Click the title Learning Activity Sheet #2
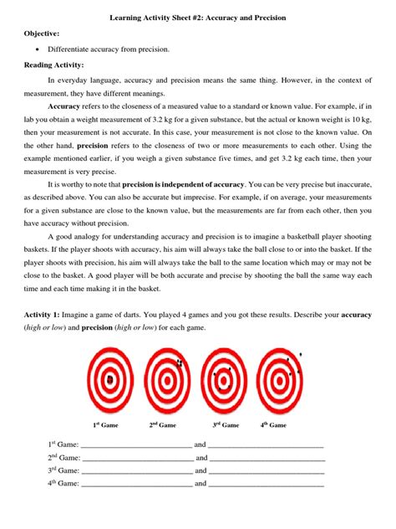click(198, 17)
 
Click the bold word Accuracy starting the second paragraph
click(64, 108)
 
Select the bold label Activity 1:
click(44, 312)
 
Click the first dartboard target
click(109, 380)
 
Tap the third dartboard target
click(226, 380)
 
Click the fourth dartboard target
click(281, 380)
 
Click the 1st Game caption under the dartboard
click(104, 425)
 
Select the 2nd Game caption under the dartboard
click(163, 425)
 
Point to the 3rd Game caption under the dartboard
click(226, 425)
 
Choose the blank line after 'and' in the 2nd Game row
click(267, 459)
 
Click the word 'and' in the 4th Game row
click(201, 483)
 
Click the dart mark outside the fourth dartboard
click(301, 355)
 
